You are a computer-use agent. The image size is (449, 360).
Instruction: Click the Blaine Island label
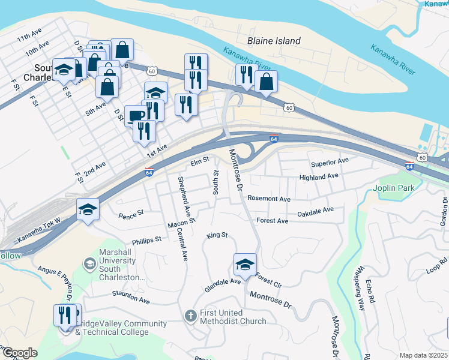(274, 41)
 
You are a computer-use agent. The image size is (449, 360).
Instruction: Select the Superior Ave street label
(330, 163)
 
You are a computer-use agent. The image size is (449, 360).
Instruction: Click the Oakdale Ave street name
(315, 212)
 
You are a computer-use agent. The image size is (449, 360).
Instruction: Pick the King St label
(217, 235)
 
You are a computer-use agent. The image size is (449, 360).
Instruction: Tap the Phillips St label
(147, 239)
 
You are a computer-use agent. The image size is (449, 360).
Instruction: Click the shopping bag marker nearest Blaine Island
(266, 82)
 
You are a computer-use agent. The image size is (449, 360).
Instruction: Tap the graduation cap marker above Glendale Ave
(245, 263)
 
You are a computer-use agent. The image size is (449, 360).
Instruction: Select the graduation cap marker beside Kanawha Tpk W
(88, 209)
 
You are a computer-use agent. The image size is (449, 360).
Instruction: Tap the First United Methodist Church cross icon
(190, 316)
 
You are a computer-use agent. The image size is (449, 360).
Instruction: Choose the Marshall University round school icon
(89, 264)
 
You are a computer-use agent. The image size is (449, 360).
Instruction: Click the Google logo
(19, 353)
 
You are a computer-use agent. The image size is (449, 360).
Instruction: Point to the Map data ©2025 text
(423, 355)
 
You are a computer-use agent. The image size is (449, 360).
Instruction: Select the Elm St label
(199, 161)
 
